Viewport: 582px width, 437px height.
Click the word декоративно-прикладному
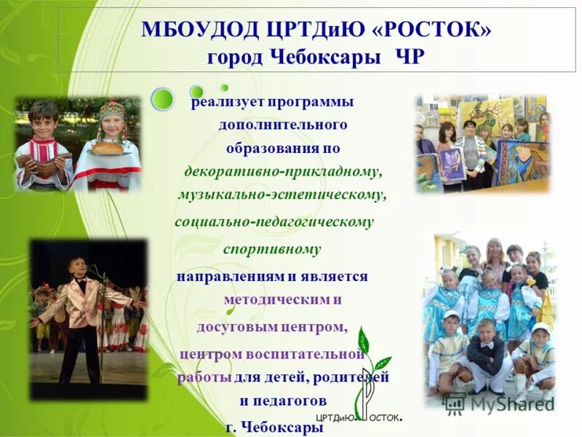pyautogui.click(x=284, y=171)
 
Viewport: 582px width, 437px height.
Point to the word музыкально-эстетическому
pyautogui.click(x=282, y=195)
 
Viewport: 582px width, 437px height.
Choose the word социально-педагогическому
pyautogui.click(x=274, y=221)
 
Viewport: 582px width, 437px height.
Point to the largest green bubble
pyautogui.click(x=162, y=98)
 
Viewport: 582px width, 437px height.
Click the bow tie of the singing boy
pyautogui.click(x=78, y=280)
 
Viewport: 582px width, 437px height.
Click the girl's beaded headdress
pyautogui.click(x=113, y=111)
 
